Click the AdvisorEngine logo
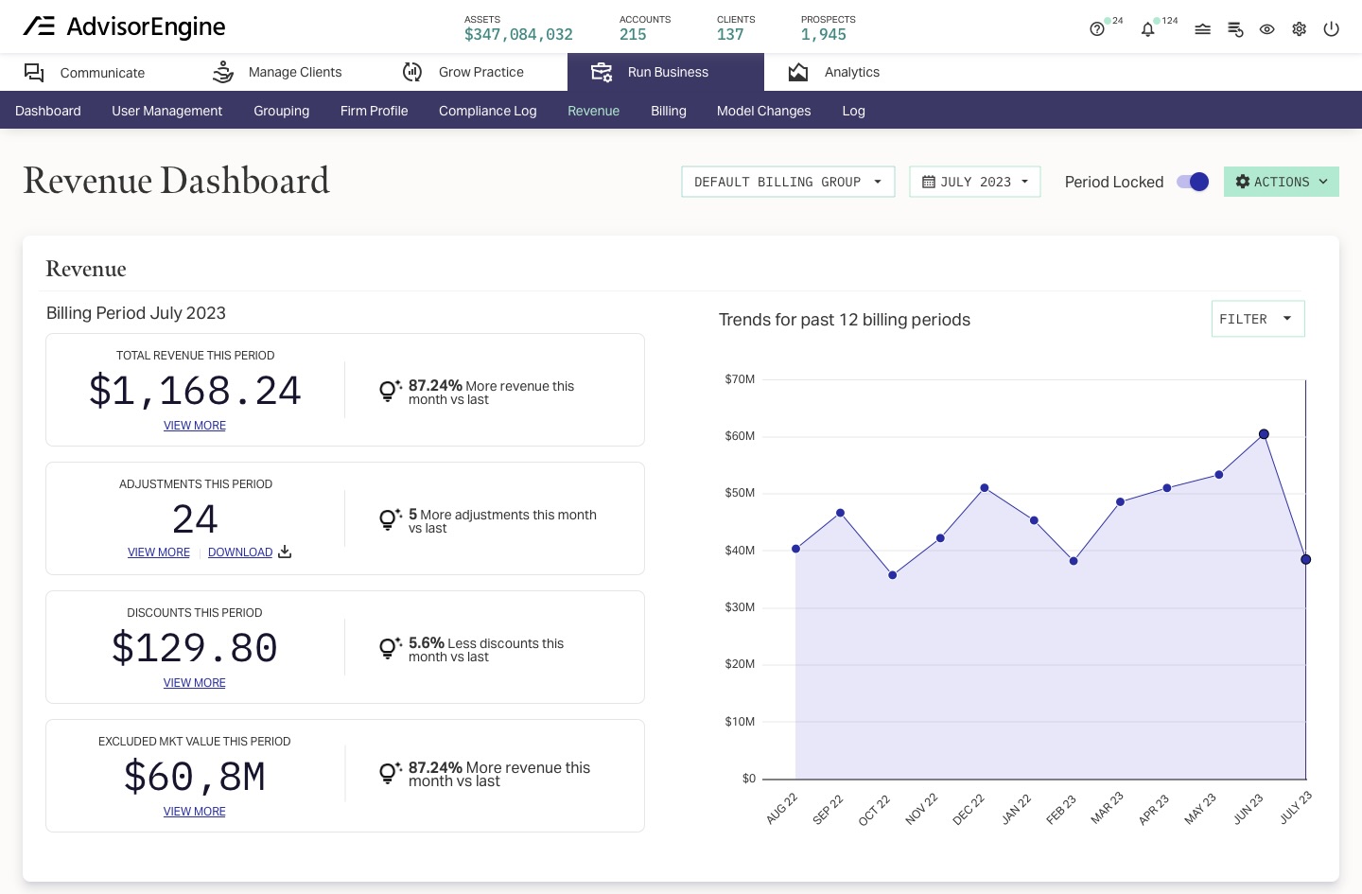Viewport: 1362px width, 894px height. tap(124, 26)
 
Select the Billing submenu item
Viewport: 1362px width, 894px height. tap(668, 111)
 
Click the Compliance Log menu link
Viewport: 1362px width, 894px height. tap(487, 111)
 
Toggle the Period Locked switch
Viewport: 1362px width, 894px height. tap(1192, 182)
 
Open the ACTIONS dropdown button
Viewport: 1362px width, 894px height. tap(1281, 182)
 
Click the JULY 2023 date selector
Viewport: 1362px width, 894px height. tap(974, 182)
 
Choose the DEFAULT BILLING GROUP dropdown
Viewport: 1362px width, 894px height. tap(787, 182)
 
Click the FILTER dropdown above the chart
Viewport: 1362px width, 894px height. tap(1257, 319)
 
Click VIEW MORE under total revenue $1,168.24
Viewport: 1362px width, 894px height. tap(195, 426)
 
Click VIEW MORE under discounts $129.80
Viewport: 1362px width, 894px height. tap(195, 683)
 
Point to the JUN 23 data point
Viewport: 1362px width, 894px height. tap(1264, 434)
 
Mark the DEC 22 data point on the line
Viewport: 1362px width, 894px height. tap(985, 488)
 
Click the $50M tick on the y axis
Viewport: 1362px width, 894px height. tap(740, 493)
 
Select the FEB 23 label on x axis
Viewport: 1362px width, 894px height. tap(1061, 809)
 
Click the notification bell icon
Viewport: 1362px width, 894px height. tap(1147, 29)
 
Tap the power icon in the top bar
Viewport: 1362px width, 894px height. tap(1331, 29)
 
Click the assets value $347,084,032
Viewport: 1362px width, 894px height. tap(518, 35)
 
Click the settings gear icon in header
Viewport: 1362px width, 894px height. tap(1299, 29)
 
